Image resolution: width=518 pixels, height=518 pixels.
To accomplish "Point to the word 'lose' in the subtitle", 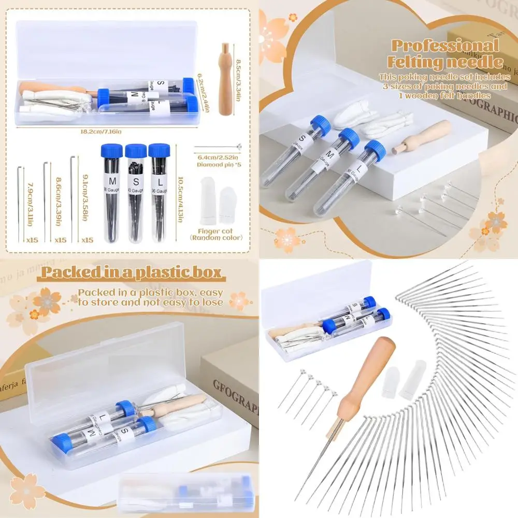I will click(212, 302).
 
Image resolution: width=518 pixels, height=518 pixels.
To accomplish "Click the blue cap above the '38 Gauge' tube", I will click(112, 151).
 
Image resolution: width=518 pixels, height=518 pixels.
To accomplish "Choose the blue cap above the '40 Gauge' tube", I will click(136, 151).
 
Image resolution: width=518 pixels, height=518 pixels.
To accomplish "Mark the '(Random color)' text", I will click(217, 238).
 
